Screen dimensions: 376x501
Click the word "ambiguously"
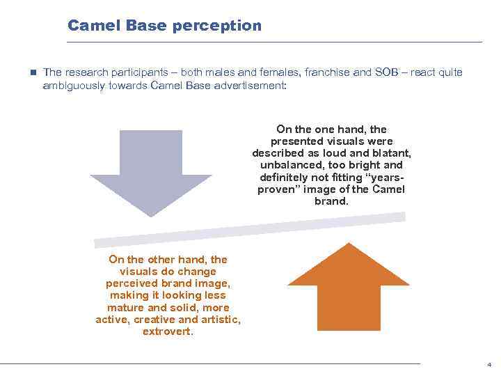click(x=74, y=85)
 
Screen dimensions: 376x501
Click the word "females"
click(x=260, y=72)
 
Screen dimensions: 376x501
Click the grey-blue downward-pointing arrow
click(x=150, y=171)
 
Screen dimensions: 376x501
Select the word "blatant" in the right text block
click(x=393, y=153)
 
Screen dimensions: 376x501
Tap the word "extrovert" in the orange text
click(x=167, y=331)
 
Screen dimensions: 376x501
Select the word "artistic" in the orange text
click(x=220, y=320)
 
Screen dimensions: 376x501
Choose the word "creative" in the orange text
click(x=154, y=320)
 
